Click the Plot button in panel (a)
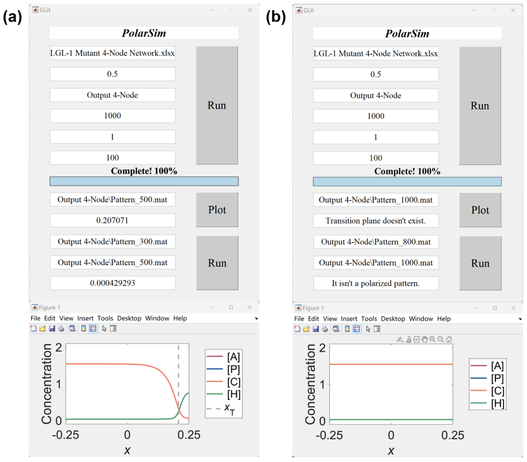coord(217,210)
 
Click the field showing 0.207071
coord(112,220)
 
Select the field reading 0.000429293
coord(113,283)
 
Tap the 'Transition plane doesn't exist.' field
coord(375,221)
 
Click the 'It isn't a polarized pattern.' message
coord(375,283)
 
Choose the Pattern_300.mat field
coord(113,242)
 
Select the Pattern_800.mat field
coord(375,242)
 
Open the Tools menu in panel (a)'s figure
coord(105,318)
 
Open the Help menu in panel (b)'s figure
coord(444,319)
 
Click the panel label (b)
coord(276,17)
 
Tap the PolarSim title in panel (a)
coord(144,33)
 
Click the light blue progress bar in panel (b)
coord(407,181)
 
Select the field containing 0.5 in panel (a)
coord(112,74)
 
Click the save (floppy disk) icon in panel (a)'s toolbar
coord(52,329)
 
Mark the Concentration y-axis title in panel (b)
coord(310,385)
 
